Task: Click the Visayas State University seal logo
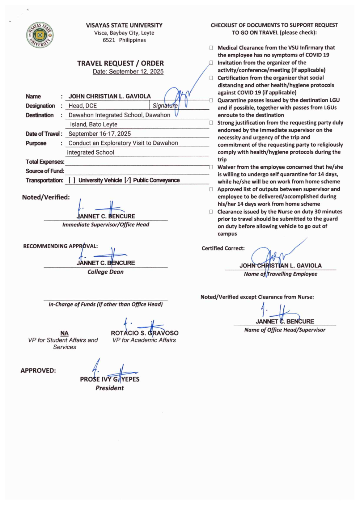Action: point(40,35)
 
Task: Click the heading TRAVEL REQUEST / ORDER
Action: point(120,63)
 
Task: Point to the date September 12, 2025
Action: point(128,72)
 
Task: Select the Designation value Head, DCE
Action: point(82,106)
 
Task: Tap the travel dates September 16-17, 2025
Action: point(99,134)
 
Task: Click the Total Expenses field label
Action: point(45,162)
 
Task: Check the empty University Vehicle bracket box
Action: point(72,180)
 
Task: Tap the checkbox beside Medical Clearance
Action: point(211,48)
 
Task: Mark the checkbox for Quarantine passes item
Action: point(211,100)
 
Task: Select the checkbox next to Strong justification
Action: point(211,123)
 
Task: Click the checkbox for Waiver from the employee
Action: point(211,167)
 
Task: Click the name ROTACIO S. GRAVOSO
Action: point(144,333)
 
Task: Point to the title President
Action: point(110,388)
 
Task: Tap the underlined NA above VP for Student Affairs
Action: point(64,333)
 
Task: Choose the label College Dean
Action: point(105,272)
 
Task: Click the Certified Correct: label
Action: point(223,248)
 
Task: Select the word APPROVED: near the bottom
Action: point(38,371)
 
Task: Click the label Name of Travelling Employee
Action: point(280,274)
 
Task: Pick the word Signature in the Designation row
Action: point(165,106)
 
